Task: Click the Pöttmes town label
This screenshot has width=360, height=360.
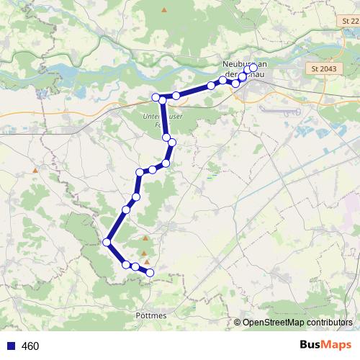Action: [150, 315]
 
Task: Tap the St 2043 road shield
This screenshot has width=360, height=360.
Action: [324, 68]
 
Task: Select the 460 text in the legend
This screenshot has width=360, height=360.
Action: [30, 346]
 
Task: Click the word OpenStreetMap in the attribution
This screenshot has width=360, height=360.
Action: [274, 323]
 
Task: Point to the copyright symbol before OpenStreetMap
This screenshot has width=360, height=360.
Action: [238, 323]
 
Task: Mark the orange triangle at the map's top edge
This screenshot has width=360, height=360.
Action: [164, 9]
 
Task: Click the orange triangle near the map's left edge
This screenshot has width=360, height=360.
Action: [34, 170]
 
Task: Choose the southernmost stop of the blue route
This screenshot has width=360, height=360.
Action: [150, 272]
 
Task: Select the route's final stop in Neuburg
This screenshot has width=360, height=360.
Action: [253, 68]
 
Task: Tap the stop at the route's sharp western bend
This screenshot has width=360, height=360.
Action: [107, 242]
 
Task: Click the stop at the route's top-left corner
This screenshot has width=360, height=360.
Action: [156, 97]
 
